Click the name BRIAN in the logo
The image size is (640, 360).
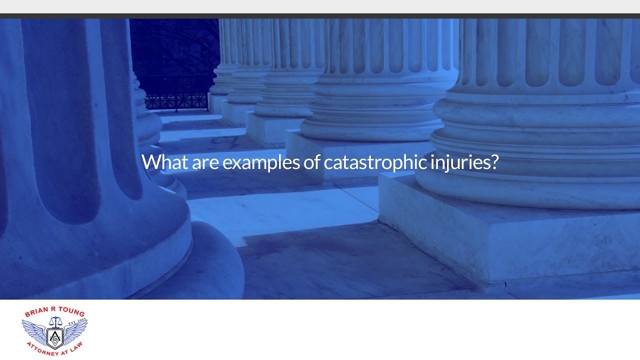[x=36, y=313]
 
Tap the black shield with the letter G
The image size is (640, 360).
[x=54, y=338]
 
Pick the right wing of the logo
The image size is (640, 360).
[x=76, y=331]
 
